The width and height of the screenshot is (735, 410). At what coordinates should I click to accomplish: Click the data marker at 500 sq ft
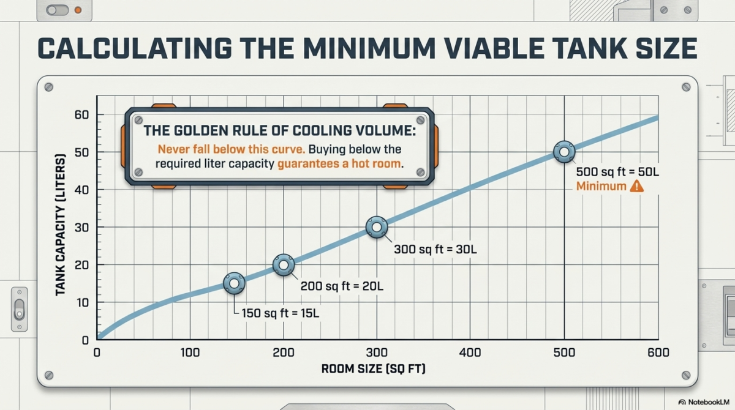563,151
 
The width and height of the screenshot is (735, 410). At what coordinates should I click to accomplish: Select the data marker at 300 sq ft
377,227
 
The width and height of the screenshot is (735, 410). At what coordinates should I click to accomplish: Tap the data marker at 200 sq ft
283,265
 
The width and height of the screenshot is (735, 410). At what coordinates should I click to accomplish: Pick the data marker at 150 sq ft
234,283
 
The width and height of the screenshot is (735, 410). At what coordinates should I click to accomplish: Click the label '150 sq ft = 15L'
279,313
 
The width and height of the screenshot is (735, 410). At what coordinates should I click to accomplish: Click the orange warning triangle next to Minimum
636,187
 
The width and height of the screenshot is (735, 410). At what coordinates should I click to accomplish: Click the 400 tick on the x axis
470,352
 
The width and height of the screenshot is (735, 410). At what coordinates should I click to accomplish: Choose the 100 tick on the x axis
190,352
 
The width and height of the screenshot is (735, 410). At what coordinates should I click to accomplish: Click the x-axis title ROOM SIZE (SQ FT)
374,369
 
